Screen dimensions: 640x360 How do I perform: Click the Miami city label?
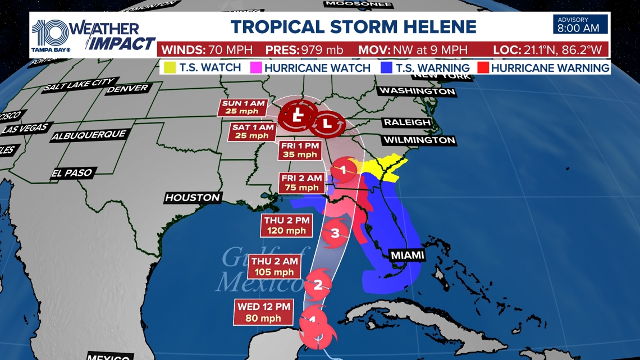406,256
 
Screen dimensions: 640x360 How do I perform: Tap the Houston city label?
193,198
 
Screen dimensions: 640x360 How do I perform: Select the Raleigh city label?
407,122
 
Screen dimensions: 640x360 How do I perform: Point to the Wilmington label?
419,140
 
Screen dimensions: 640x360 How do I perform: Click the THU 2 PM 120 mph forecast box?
285,225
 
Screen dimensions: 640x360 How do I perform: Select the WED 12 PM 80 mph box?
263,312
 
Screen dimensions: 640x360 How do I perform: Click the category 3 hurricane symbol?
335,233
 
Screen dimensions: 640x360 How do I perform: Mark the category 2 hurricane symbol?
318,285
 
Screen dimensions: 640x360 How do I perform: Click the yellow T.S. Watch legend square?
168,68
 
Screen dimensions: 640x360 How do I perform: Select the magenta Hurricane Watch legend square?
255,68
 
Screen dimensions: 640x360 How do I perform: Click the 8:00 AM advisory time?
582,28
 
